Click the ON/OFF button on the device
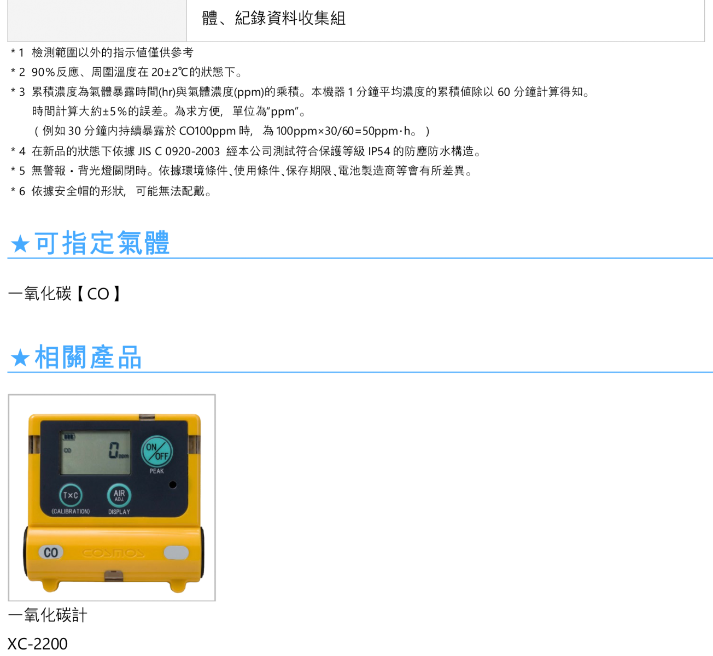tap(157, 452)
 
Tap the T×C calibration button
tap(71, 495)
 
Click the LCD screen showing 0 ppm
tap(95, 453)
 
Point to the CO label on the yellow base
tap(51, 553)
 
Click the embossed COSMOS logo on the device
tap(113, 553)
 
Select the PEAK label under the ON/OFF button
tap(157, 471)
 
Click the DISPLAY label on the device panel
tap(119, 512)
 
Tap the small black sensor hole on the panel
tap(173, 485)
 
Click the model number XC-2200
tap(37, 644)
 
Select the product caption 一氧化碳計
tap(48, 616)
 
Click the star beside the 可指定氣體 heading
tap(20, 244)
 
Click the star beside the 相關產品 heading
tap(20, 358)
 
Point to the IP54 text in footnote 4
tap(379, 151)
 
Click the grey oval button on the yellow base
tap(176, 553)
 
